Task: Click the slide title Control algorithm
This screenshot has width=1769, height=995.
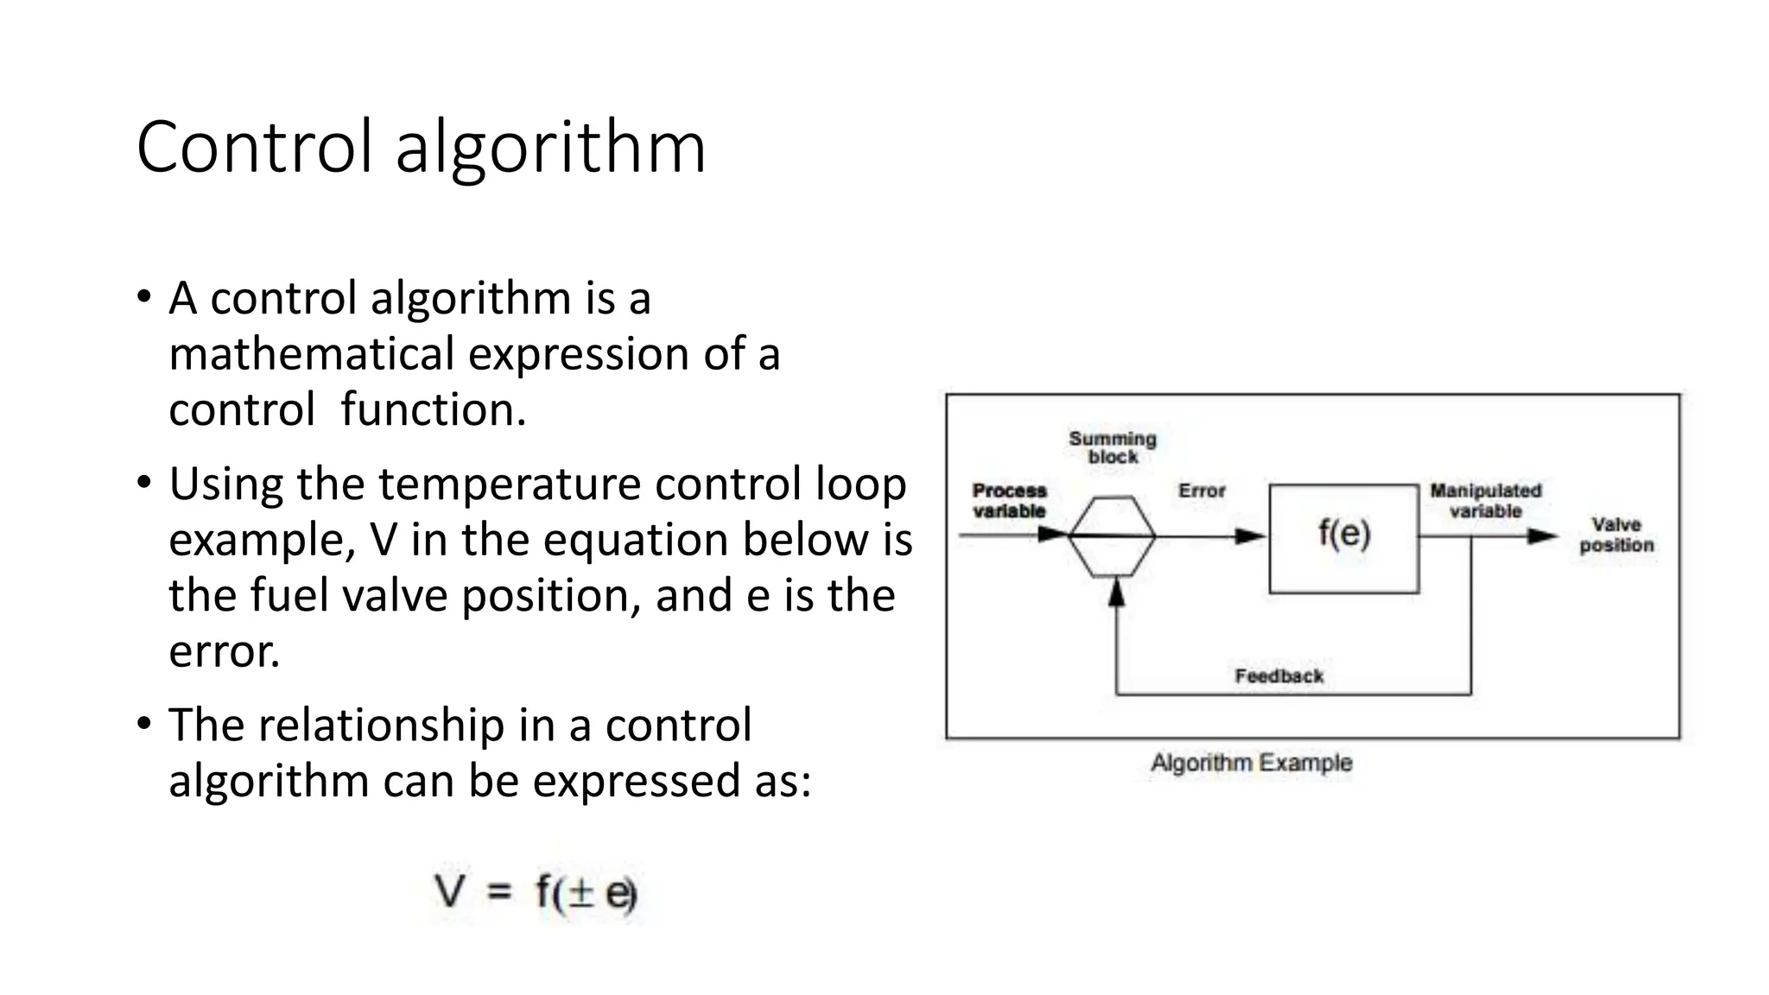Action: pos(421,147)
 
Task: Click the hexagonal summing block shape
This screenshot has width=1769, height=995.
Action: pos(1113,536)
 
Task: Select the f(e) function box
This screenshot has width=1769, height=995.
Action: pos(1343,537)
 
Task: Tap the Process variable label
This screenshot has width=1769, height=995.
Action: pos(1009,501)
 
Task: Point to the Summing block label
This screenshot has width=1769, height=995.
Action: pos(1113,447)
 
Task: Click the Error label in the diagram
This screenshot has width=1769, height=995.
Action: pos(1202,491)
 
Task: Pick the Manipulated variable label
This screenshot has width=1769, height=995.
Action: pos(1486,501)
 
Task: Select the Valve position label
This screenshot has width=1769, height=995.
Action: pos(1616,535)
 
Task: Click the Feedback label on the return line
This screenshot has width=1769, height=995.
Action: pos(1278,675)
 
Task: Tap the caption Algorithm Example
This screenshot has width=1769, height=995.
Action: pos(1252,763)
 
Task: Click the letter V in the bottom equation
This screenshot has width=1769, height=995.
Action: pos(450,890)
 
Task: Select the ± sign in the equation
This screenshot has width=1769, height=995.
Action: pos(582,892)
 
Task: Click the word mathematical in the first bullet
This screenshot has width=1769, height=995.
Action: pos(312,354)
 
